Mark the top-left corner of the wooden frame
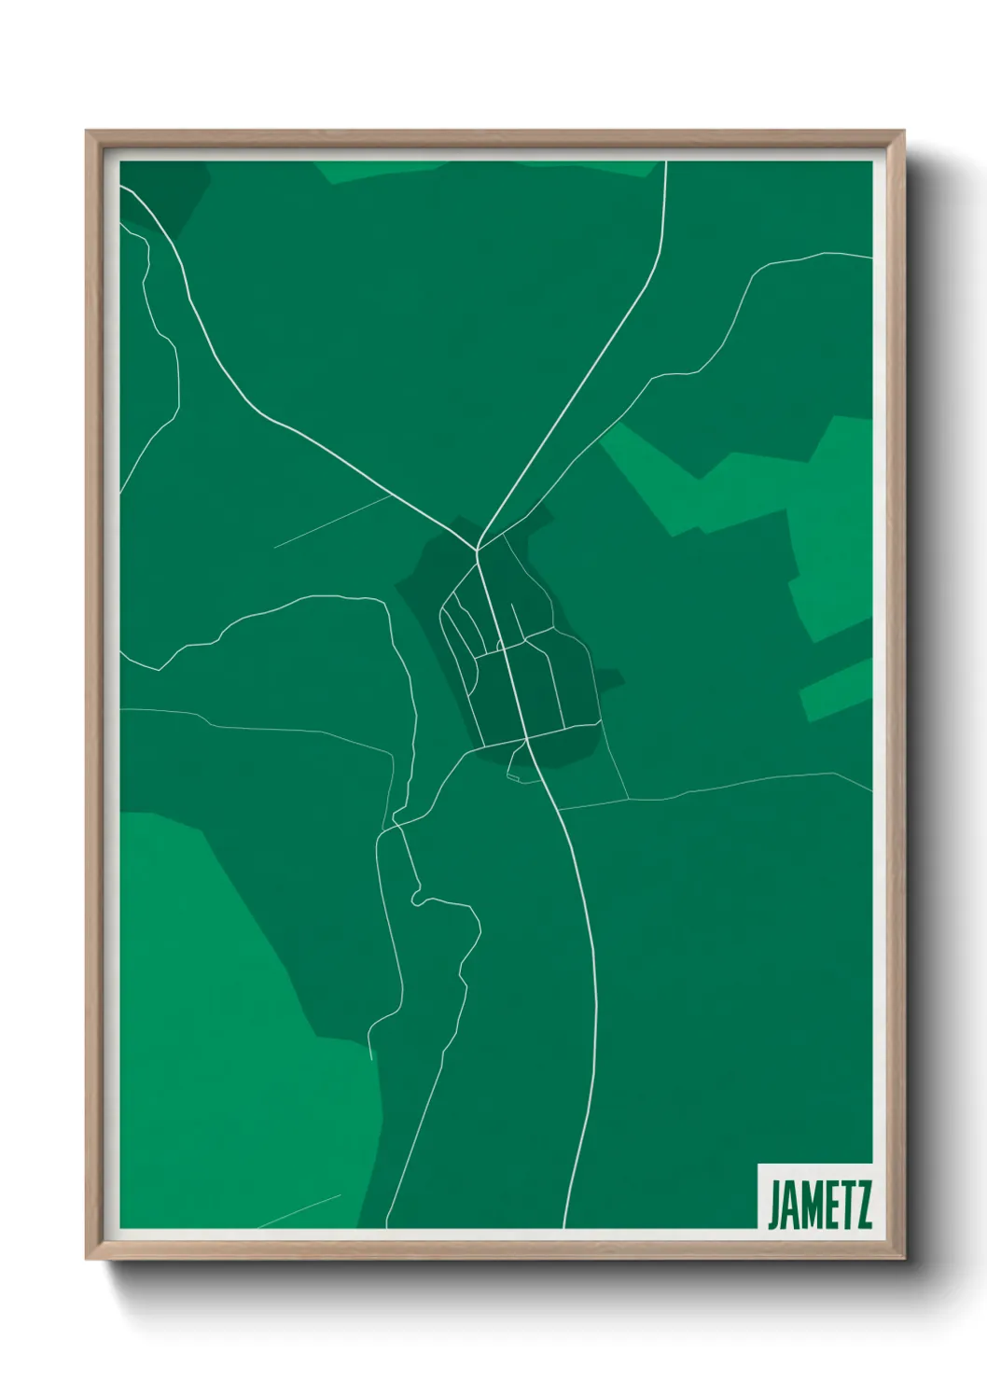87,132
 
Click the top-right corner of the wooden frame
904,132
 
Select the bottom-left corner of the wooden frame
87,1260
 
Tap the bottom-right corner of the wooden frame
904,1260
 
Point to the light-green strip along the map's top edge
485,169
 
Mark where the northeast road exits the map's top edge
665,162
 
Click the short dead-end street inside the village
512,621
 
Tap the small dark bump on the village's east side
611,680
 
